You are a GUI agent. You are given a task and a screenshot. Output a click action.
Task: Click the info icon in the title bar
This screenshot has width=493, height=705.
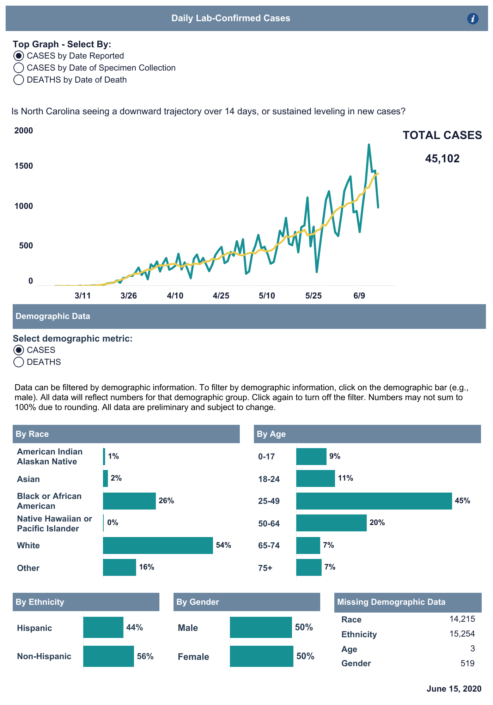(x=473, y=19)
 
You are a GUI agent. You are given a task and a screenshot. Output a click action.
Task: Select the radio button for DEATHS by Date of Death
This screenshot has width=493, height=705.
(x=19, y=80)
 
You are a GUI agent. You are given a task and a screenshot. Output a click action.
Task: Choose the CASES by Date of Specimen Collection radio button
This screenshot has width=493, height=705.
(x=19, y=68)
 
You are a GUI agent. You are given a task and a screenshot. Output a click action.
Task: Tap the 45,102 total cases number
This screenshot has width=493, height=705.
(x=442, y=159)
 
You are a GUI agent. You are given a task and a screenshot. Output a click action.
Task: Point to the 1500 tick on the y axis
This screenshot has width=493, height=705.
(x=24, y=166)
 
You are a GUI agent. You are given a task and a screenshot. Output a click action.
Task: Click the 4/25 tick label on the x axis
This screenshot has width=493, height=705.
(x=221, y=296)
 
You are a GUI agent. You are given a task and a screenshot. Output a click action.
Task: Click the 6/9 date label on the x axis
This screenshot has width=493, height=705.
(x=359, y=296)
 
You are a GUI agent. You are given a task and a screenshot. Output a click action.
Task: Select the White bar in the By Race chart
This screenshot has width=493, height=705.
(x=158, y=546)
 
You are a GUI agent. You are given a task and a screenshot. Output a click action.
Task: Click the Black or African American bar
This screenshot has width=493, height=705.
(x=129, y=501)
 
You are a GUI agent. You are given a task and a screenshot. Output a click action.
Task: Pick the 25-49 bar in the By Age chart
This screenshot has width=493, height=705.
(x=374, y=501)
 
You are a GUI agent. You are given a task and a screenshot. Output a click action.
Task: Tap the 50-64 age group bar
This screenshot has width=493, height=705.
(x=331, y=523)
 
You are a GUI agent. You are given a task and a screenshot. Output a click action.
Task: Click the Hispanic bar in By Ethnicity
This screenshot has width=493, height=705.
(x=103, y=627)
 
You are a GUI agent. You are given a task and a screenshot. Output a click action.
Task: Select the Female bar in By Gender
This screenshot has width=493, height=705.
(x=261, y=656)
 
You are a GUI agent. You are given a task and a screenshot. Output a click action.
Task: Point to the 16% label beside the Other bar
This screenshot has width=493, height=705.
(x=147, y=567)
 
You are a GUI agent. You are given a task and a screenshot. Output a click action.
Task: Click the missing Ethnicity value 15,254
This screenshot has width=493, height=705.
(x=462, y=634)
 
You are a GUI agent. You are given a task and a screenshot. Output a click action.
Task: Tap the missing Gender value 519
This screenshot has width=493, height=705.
(x=467, y=663)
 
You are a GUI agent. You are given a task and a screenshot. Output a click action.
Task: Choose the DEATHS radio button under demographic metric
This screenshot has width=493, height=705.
(x=19, y=362)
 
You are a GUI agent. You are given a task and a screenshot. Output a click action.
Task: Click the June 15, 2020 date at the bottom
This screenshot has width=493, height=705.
(x=454, y=689)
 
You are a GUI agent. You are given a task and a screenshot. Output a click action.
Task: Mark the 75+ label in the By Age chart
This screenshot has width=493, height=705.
(x=265, y=568)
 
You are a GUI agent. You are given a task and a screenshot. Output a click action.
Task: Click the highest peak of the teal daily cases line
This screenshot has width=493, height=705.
(x=369, y=145)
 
